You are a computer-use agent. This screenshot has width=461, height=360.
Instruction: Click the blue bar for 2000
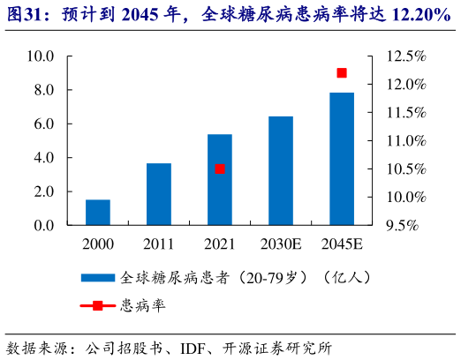98,213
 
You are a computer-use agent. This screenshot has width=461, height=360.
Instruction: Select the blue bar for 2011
159,194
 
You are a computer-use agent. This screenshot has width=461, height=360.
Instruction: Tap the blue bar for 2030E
281,171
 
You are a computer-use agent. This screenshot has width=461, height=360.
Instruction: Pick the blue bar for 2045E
342,159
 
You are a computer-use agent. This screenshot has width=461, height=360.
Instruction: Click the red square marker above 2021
220,169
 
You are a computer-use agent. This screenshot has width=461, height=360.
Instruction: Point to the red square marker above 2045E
342,73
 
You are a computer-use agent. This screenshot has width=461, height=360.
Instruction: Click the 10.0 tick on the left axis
42,56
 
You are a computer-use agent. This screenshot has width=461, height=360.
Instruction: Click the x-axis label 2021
220,243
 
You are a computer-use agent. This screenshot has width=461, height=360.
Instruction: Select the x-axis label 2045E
342,243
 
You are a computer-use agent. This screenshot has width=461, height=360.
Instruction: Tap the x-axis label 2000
98,243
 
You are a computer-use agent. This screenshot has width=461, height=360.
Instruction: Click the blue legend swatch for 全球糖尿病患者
97,277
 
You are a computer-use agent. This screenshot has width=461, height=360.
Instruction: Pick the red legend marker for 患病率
97,306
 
